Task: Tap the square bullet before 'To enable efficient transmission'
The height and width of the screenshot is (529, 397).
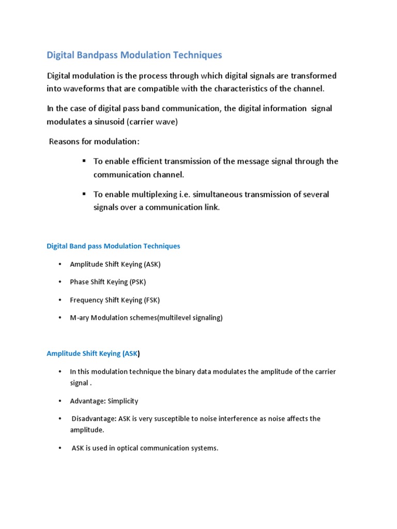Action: pyautogui.click(x=83, y=161)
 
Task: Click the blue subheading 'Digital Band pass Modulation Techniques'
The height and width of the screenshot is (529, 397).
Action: pyautogui.click(x=113, y=246)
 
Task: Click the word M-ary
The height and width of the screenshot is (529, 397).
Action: pyautogui.click(x=80, y=318)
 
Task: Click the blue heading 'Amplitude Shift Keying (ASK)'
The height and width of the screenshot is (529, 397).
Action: pyautogui.click(x=93, y=354)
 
